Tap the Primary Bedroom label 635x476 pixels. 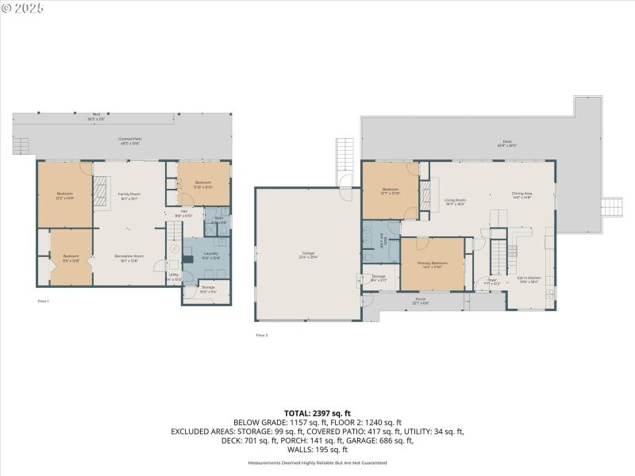(x=435, y=264)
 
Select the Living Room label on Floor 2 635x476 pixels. (x=454, y=202)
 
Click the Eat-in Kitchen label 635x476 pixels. (x=529, y=279)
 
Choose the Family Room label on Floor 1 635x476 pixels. (x=129, y=196)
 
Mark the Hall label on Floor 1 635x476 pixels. (x=183, y=213)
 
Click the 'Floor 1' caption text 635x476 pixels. (x=44, y=301)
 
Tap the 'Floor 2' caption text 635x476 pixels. (x=262, y=336)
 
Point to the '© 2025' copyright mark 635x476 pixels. (x=23, y=7)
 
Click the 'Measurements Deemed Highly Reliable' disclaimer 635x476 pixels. (x=317, y=463)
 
